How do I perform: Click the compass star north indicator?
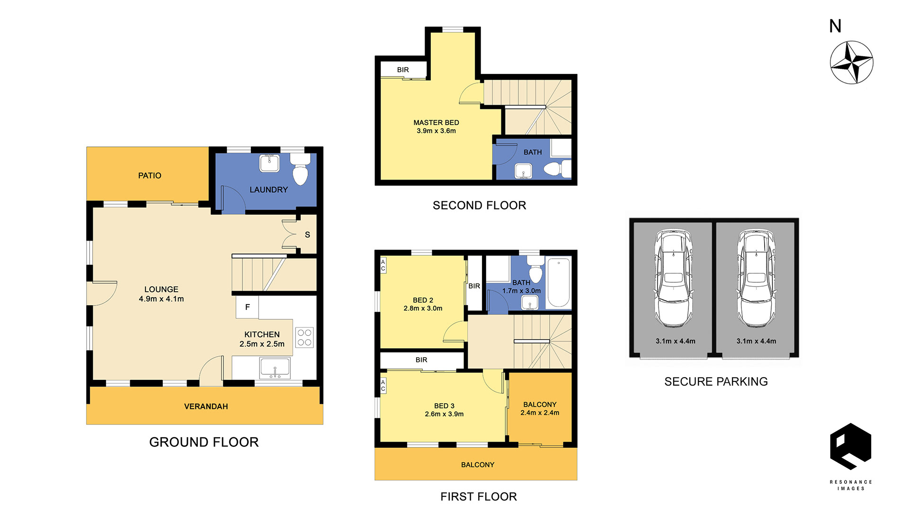tap(851, 63)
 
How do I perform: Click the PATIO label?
tap(150, 176)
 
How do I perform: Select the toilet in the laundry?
tap(300, 169)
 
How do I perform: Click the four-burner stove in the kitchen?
tap(304, 337)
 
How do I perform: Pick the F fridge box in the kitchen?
tap(247, 307)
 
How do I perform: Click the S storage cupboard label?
tap(307, 235)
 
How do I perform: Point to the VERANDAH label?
tap(206, 406)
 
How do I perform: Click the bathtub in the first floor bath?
tap(559, 283)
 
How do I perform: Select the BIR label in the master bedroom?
tap(403, 70)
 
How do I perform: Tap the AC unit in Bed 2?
tap(383, 265)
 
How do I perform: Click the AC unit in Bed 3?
tap(383, 386)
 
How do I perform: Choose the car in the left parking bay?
tap(673, 279)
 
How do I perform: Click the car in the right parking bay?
tap(757, 279)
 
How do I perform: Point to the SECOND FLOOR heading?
tap(479, 206)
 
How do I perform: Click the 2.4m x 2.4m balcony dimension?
tap(540, 413)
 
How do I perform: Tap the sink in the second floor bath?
tap(523, 171)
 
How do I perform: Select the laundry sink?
tap(269, 163)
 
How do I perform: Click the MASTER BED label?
tap(436, 123)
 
